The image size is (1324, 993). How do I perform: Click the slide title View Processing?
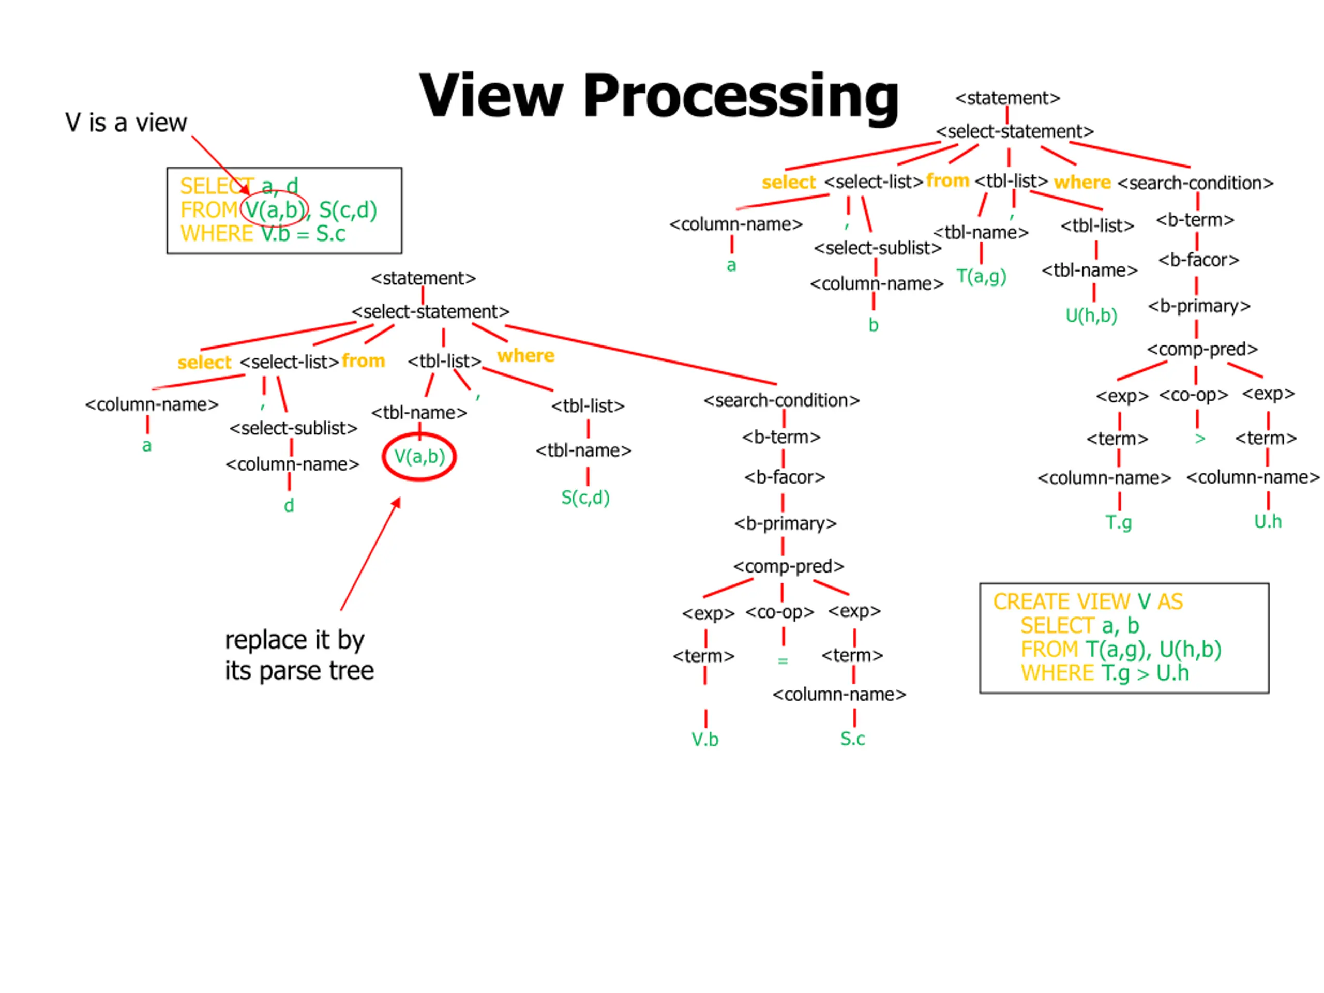click(x=658, y=96)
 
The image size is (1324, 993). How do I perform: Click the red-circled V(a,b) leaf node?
click(x=419, y=457)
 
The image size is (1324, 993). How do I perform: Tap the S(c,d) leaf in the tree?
click(x=585, y=498)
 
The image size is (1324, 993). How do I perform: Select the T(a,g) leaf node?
click(x=981, y=276)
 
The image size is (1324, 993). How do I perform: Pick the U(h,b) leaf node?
click(x=1091, y=315)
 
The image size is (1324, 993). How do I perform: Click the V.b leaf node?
click(x=705, y=739)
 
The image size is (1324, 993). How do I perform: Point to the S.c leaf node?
click(x=852, y=739)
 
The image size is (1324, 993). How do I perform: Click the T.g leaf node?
click(x=1118, y=522)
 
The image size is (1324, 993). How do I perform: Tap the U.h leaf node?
click(x=1268, y=521)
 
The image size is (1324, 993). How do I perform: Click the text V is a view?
click(x=126, y=123)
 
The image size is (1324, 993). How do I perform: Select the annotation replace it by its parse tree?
click(x=299, y=655)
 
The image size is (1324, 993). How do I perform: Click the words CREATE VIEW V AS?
click(x=1088, y=601)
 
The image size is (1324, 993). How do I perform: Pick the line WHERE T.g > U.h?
click(x=1105, y=673)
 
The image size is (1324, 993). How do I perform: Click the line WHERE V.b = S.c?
click(x=263, y=233)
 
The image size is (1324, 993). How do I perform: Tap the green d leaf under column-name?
click(x=289, y=505)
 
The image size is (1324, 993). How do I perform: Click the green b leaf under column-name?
click(x=874, y=325)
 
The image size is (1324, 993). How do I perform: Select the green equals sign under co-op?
click(x=783, y=661)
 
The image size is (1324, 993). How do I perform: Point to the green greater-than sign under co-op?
click(x=1199, y=439)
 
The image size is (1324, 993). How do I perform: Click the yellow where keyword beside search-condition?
click(x=1082, y=182)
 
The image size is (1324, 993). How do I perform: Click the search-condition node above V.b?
click(x=781, y=400)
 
